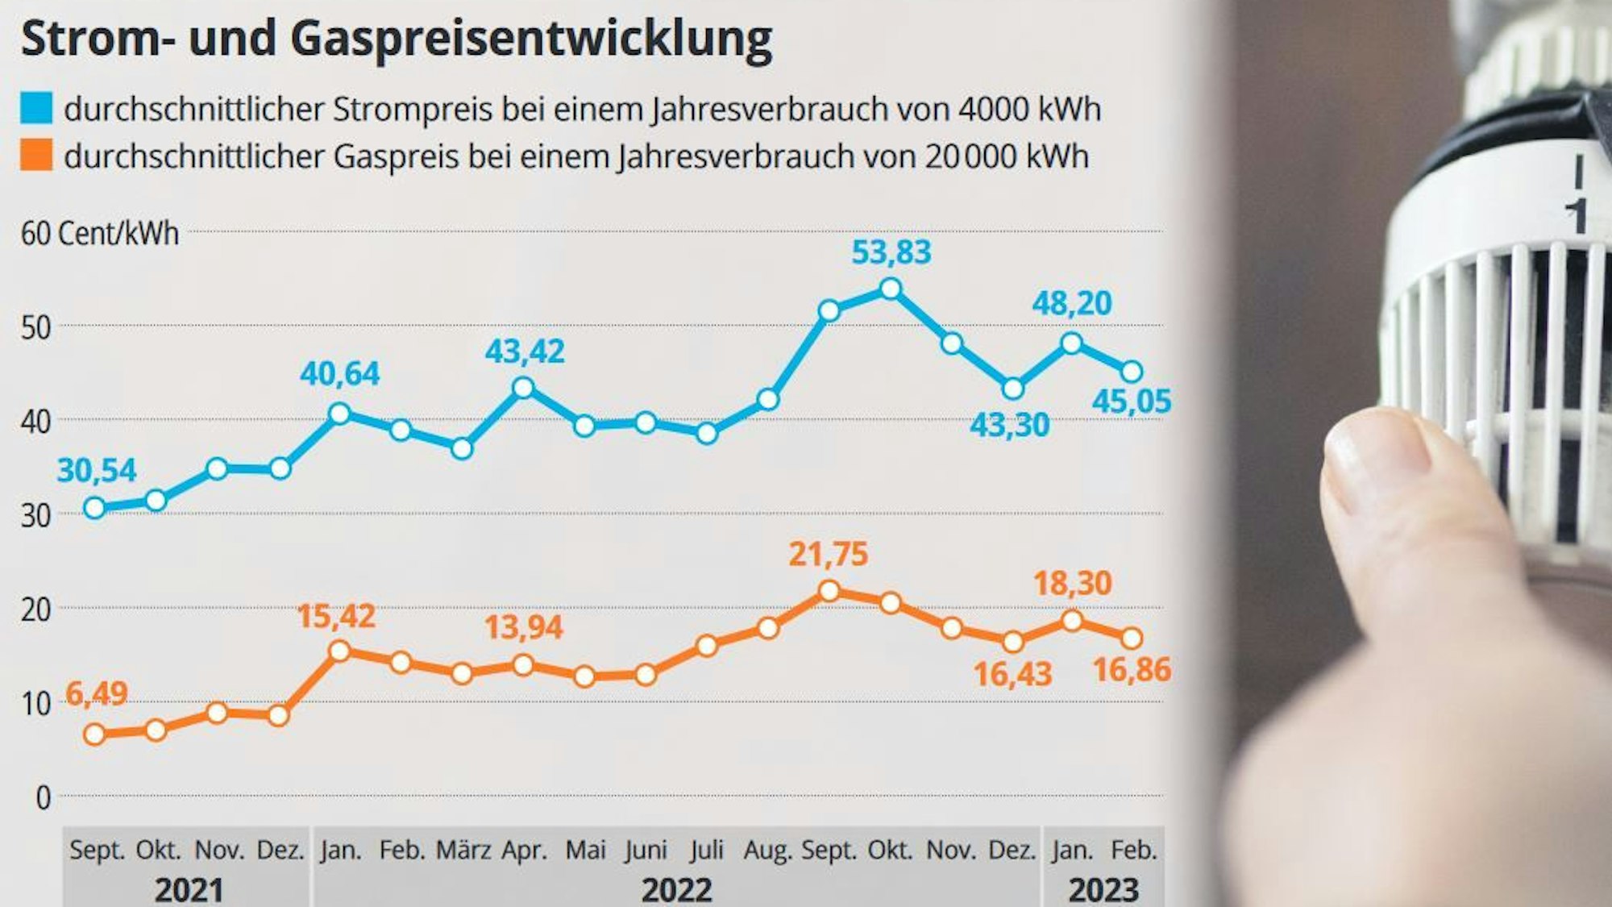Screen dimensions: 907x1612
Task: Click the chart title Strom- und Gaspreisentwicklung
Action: pyautogui.click(x=396, y=39)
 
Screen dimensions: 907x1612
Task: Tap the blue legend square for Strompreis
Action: pyautogui.click(x=36, y=108)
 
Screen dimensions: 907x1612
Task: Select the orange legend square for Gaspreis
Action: pyautogui.click(x=36, y=155)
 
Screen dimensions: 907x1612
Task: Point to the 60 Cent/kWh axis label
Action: pyautogui.click(x=100, y=234)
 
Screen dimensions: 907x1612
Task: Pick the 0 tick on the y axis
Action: pyautogui.click(x=43, y=798)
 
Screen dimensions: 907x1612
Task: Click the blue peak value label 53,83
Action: pyautogui.click(x=891, y=252)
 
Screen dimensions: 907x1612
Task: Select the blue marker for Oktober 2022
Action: pyautogui.click(x=890, y=289)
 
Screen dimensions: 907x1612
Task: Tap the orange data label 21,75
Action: pyautogui.click(x=828, y=554)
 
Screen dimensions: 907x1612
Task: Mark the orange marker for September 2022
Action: pyautogui.click(x=829, y=592)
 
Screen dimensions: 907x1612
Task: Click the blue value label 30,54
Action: pyautogui.click(x=96, y=470)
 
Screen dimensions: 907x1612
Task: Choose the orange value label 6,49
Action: pyautogui.click(x=96, y=693)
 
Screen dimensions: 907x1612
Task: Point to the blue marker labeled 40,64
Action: pyautogui.click(x=339, y=414)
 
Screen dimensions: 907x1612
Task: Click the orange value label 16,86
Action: pyautogui.click(x=1131, y=669)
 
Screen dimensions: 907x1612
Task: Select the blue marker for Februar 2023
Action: pyautogui.click(x=1132, y=372)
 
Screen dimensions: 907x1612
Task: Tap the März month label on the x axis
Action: pyautogui.click(x=463, y=851)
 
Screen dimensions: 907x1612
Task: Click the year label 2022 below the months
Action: pyautogui.click(x=676, y=890)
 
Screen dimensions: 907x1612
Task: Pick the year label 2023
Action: pyautogui.click(x=1103, y=890)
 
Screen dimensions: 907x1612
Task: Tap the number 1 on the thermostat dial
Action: pyautogui.click(x=1577, y=216)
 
